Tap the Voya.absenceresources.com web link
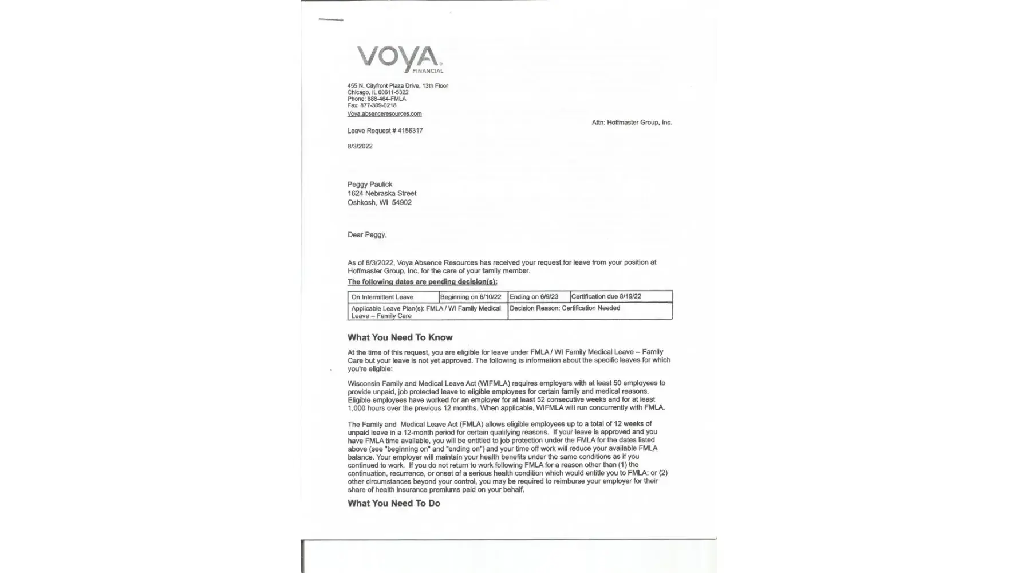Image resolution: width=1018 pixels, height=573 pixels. [384, 114]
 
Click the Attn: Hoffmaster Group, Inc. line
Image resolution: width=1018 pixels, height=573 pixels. [632, 123]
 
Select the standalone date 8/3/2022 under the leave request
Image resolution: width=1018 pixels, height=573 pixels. [360, 147]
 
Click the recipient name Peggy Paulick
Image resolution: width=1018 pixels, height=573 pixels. [370, 185]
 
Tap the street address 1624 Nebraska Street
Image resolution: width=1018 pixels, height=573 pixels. [382, 194]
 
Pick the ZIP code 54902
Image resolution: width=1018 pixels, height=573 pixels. [401, 203]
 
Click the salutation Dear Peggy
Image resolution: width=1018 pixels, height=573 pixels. [367, 235]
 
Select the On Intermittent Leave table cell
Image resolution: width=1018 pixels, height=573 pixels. [382, 297]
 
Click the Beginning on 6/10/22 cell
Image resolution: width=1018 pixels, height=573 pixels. [471, 297]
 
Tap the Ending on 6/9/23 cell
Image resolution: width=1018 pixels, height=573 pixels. [534, 297]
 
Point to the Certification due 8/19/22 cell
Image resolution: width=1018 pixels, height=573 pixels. [606, 297]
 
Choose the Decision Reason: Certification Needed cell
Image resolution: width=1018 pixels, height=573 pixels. [565, 308]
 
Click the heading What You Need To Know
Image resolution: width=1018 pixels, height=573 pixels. [400, 338]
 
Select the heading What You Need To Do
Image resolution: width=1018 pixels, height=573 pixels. [394, 504]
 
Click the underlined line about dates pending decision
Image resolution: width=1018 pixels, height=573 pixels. [422, 282]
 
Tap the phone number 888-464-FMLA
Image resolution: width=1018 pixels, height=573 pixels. [386, 99]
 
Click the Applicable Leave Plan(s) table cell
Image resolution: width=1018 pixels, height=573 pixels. [426, 312]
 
